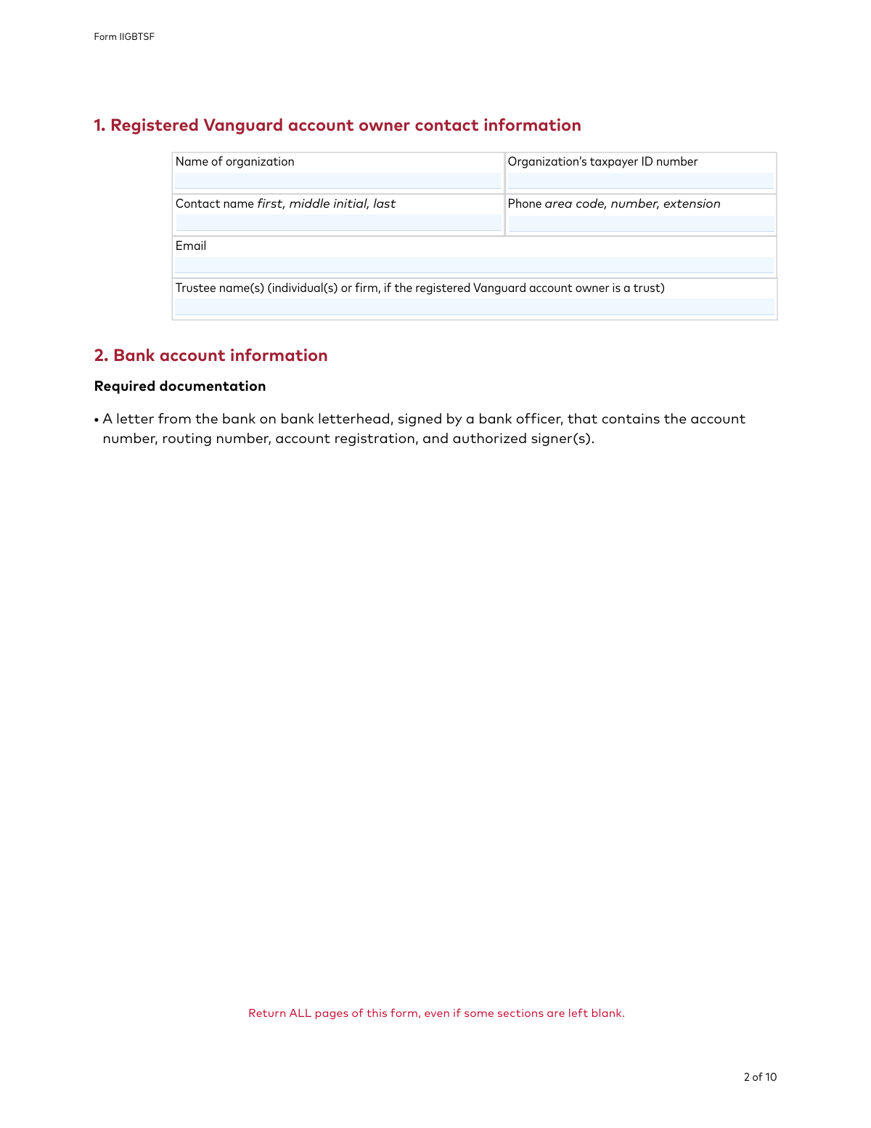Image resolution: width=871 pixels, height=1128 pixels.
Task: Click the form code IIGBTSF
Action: (136, 37)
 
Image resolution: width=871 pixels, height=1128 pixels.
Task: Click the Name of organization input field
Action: (338, 181)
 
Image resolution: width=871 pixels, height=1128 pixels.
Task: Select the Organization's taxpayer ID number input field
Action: (640, 181)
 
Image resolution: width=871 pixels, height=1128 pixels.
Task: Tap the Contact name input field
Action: (338, 223)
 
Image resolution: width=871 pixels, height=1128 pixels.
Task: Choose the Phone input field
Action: (640, 223)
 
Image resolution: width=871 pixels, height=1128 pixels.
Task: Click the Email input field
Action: (474, 265)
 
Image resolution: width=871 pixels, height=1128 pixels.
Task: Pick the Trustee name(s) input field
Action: (474, 307)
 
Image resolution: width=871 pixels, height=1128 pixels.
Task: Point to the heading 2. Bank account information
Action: (210, 355)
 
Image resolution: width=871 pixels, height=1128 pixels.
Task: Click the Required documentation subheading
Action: (180, 386)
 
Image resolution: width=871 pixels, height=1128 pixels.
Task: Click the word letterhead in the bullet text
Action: (354, 419)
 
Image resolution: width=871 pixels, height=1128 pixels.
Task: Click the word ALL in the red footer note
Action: (300, 1013)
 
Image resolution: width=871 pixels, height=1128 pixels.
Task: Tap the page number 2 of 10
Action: (760, 1077)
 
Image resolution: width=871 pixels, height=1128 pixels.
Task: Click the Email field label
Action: (191, 246)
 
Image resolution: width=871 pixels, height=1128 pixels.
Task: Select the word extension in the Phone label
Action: (691, 204)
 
